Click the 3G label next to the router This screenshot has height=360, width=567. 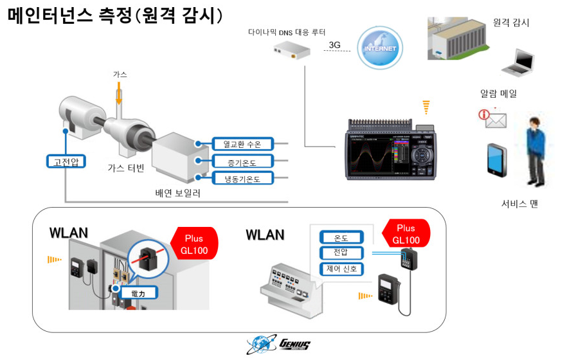334,45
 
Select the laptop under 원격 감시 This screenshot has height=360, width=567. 517,63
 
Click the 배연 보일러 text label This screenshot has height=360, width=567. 178,192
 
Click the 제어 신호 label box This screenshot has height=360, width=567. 341,269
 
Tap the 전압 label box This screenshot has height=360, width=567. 341,253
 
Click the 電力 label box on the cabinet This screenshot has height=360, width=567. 138,292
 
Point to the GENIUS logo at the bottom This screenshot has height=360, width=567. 278,345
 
